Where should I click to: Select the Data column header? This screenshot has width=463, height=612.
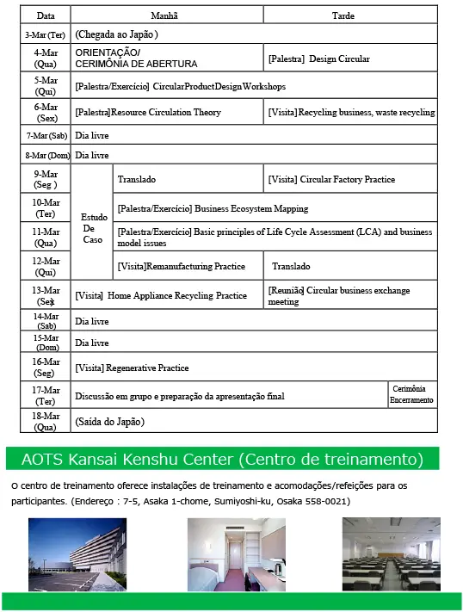pos(46,15)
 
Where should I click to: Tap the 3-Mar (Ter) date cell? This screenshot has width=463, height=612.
pos(46,34)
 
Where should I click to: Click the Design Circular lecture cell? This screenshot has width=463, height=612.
pos(350,59)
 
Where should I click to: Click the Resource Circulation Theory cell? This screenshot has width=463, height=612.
pos(167,112)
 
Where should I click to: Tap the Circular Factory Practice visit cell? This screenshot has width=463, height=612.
pos(350,179)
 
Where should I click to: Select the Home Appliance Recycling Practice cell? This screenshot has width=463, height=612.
pos(167,295)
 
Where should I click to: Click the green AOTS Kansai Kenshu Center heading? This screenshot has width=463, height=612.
pos(222,457)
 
